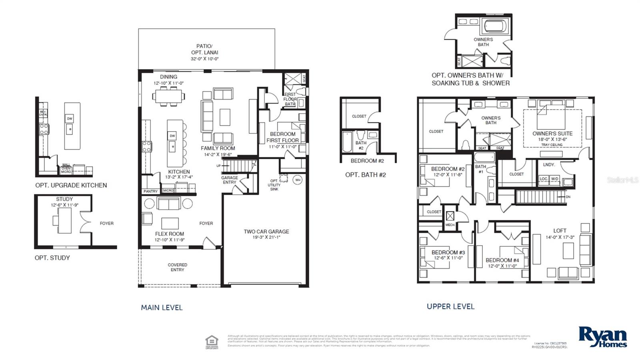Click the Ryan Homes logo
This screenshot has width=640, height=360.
(602, 337)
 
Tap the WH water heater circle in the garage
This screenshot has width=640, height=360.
(297, 180)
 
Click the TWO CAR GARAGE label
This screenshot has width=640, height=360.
(266, 231)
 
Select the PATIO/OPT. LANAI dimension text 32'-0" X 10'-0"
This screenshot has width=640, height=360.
(204, 59)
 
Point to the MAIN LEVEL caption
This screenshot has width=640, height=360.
(162, 307)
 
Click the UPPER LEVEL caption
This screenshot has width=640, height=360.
(450, 306)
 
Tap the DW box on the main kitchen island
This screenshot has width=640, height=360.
(172, 136)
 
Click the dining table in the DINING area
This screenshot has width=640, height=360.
(168, 96)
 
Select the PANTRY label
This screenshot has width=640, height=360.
(150, 191)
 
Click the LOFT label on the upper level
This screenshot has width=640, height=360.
(560, 230)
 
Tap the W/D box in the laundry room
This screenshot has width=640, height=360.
(554, 179)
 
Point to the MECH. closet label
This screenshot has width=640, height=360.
(450, 225)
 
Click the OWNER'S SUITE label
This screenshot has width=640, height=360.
(552, 133)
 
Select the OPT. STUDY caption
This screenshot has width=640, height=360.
(52, 258)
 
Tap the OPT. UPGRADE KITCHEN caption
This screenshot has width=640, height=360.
(71, 185)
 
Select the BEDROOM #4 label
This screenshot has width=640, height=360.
(502, 260)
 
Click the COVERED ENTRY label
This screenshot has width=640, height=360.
(177, 267)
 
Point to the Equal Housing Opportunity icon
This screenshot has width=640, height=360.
(212, 342)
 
